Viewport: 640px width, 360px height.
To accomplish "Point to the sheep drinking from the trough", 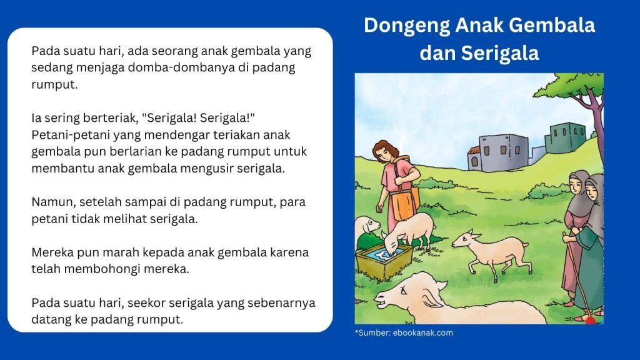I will click(x=409, y=228).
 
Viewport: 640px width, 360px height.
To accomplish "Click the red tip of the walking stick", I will click(x=588, y=319).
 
